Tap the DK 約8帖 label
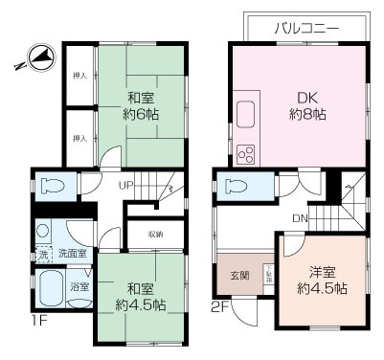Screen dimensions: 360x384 pyautogui.click(x=307, y=103)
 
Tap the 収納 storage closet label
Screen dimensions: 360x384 pyautogui.click(x=154, y=234)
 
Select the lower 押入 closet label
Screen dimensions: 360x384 pyautogui.click(x=81, y=137)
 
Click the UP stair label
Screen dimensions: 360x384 pyautogui.click(x=126, y=185)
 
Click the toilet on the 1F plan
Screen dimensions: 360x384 pyautogui.click(x=53, y=185)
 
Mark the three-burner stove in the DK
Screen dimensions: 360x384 pyautogui.click(x=244, y=153)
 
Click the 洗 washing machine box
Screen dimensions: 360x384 pyautogui.click(x=42, y=254)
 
